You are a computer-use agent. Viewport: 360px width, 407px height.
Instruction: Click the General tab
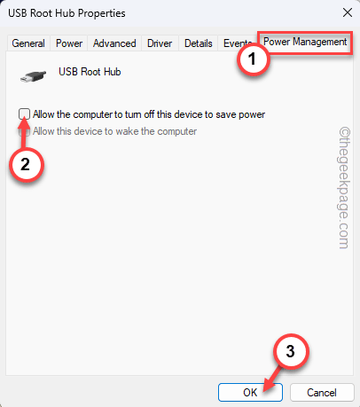tap(28, 43)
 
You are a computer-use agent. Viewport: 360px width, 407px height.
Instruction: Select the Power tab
tap(69, 43)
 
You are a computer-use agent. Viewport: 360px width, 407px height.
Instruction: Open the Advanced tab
tap(114, 43)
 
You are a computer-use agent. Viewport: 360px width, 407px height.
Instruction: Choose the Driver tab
tap(160, 43)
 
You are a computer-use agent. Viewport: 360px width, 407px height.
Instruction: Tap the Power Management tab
tap(304, 42)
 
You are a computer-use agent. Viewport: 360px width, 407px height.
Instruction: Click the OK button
tap(250, 391)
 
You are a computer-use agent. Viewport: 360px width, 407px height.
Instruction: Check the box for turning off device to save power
tap(25, 114)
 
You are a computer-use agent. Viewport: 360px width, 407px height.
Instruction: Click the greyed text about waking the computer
tap(114, 131)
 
